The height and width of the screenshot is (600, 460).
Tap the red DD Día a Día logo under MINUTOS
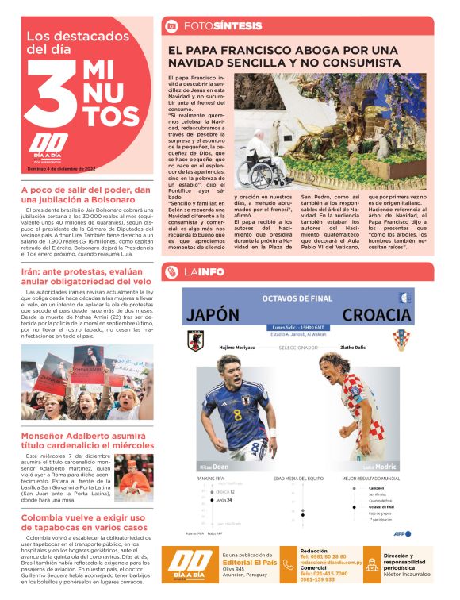coord(40,147)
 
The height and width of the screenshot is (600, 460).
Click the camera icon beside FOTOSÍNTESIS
coord(171,26)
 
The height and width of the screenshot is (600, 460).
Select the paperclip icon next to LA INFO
coord(171,273)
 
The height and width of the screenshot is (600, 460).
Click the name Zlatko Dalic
coord(381,348)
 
